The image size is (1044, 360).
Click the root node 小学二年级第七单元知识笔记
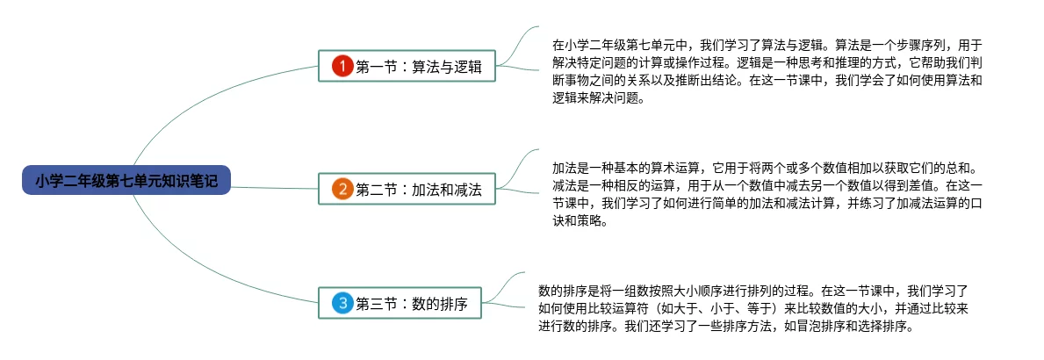(126, 182)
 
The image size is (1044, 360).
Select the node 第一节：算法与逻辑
(407, 66)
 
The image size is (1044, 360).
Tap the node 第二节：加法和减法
(407, 189)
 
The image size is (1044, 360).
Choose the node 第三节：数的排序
(407, 305)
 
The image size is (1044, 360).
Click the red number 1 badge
(342, 66)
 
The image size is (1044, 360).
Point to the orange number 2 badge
(342, 189)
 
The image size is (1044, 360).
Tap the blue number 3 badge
(342, 305)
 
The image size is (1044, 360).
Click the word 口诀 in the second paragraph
(973, 204)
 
